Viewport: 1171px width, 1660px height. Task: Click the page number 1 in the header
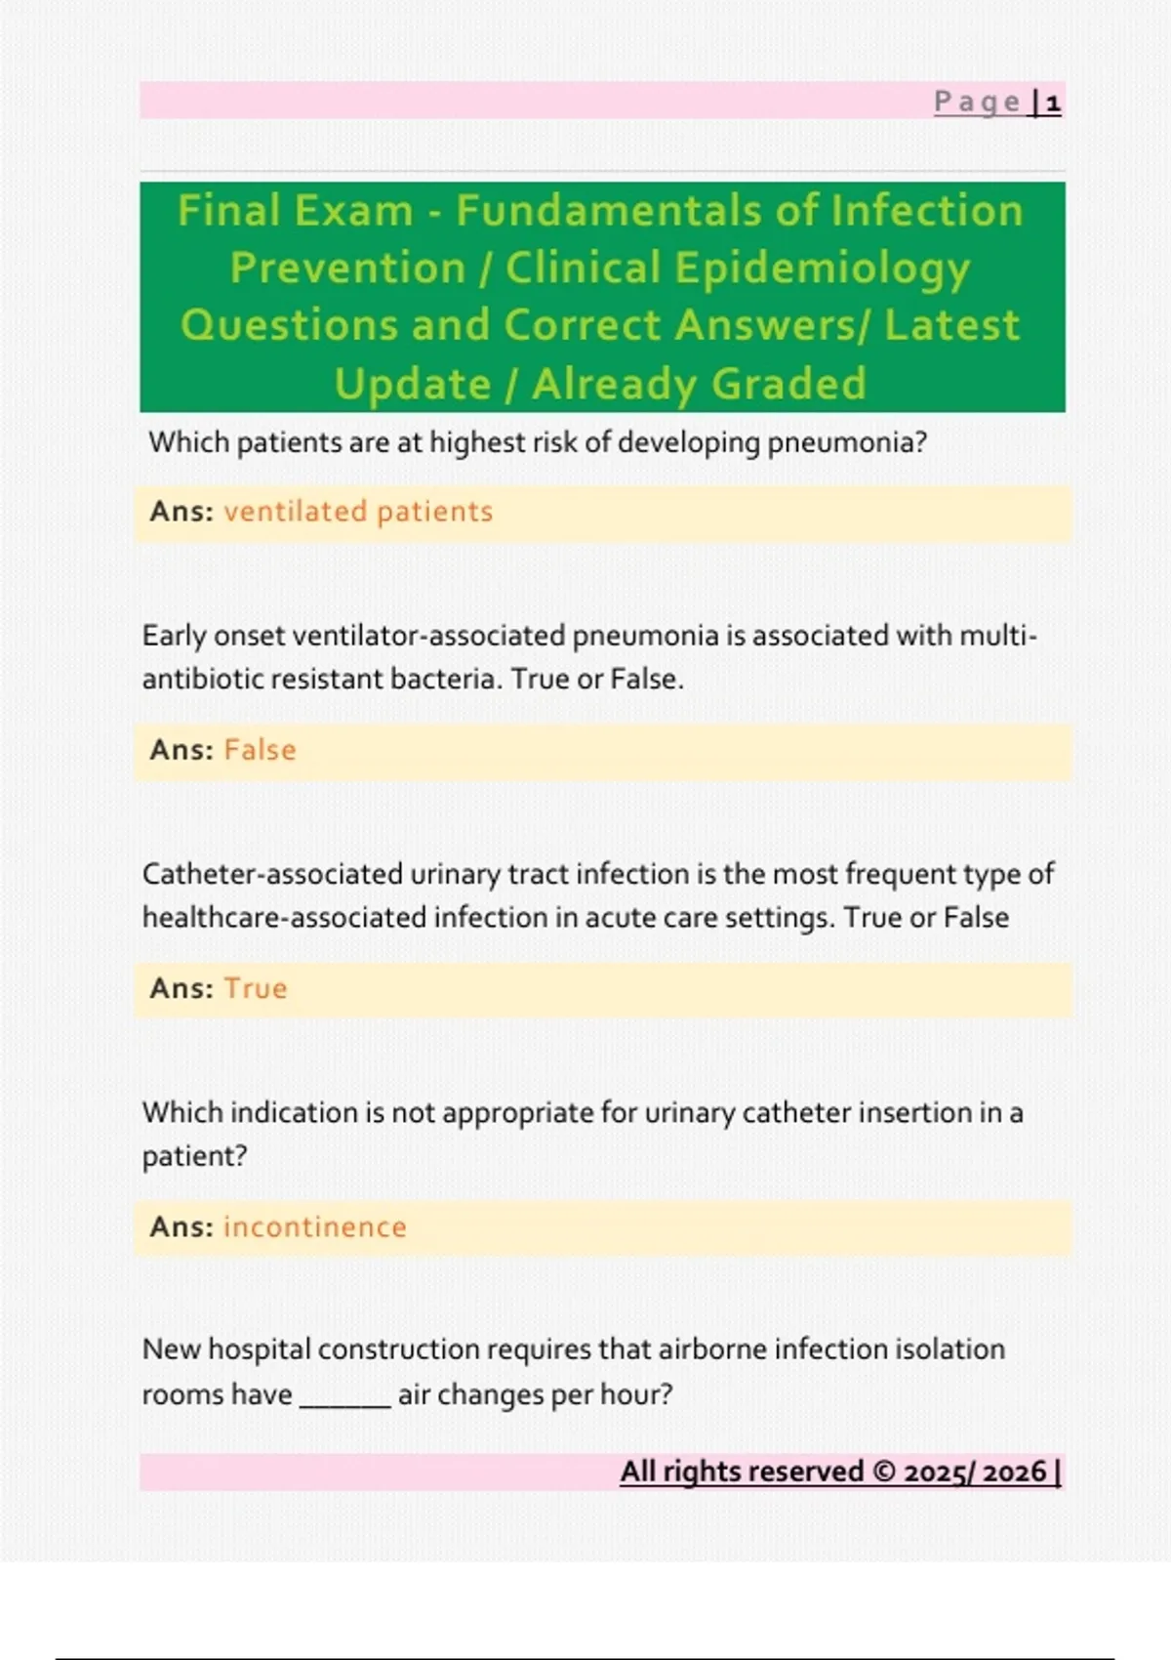1053,103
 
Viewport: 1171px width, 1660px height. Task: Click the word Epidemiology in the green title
835,269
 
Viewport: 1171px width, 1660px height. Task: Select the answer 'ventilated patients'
358,512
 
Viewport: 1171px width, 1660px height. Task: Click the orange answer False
260,750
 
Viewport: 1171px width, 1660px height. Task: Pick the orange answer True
256,988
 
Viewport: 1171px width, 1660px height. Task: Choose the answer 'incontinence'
315,1226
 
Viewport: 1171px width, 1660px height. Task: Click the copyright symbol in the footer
883,1472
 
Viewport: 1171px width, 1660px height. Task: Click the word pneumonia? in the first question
846,443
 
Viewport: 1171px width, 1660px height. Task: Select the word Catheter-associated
272,874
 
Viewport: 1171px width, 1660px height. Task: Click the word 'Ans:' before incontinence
182,1226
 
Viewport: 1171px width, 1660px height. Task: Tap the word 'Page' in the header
978,103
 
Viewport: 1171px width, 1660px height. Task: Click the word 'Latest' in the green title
951,325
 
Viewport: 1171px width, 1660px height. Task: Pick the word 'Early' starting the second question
174,636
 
